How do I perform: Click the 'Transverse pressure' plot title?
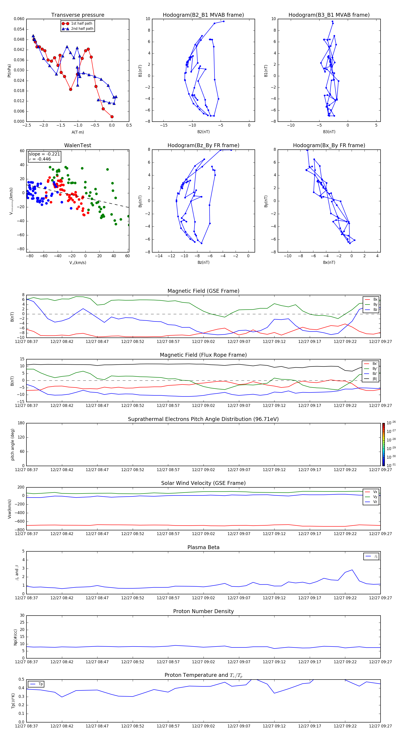click(78, 15)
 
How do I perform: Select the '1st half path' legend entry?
click(81, 24)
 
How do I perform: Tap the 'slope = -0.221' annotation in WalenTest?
click(44, 154)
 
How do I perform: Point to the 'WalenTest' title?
click(78, 145)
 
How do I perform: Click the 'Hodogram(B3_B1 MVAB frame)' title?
click(329, 15)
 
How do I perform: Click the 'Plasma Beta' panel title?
click(203, 547)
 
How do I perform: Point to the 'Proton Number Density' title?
click(203, 611)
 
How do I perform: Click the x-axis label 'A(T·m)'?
click(78, 132)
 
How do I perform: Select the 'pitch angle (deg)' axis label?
click(12, 444)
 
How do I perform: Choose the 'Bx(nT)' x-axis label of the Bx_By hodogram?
click(329, 262)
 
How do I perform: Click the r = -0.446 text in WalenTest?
click(40, 159)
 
